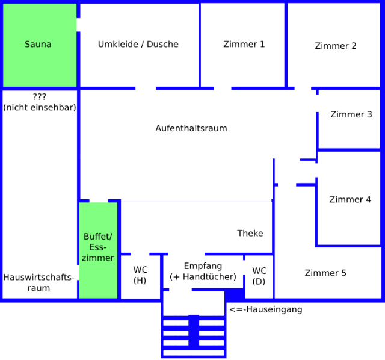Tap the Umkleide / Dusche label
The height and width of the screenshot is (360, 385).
click(138, 44)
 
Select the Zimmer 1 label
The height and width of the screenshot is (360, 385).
click(244, 44)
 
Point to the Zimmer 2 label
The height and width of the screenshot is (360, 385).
click(336, 46)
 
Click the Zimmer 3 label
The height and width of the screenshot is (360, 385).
click(351, 114)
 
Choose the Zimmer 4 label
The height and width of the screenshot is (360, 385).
click(350, 200)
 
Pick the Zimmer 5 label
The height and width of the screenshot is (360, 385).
click(325, 273)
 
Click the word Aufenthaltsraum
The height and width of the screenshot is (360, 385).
click(191, 128)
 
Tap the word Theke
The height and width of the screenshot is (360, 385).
click(250, 233)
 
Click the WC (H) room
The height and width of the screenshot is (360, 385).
click(140, 275)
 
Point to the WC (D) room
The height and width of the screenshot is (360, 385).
click(259, 276)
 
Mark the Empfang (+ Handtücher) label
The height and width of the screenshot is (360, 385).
click(203, 272)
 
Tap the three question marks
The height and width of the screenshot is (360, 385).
click(39, 96)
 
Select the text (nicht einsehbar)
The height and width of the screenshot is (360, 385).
click(39, 108)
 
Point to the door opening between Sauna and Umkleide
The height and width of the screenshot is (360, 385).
click(78, 25)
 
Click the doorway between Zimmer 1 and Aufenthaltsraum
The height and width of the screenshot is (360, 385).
click(222, 88)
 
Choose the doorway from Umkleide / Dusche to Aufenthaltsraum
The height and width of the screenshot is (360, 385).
click(145, 88)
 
